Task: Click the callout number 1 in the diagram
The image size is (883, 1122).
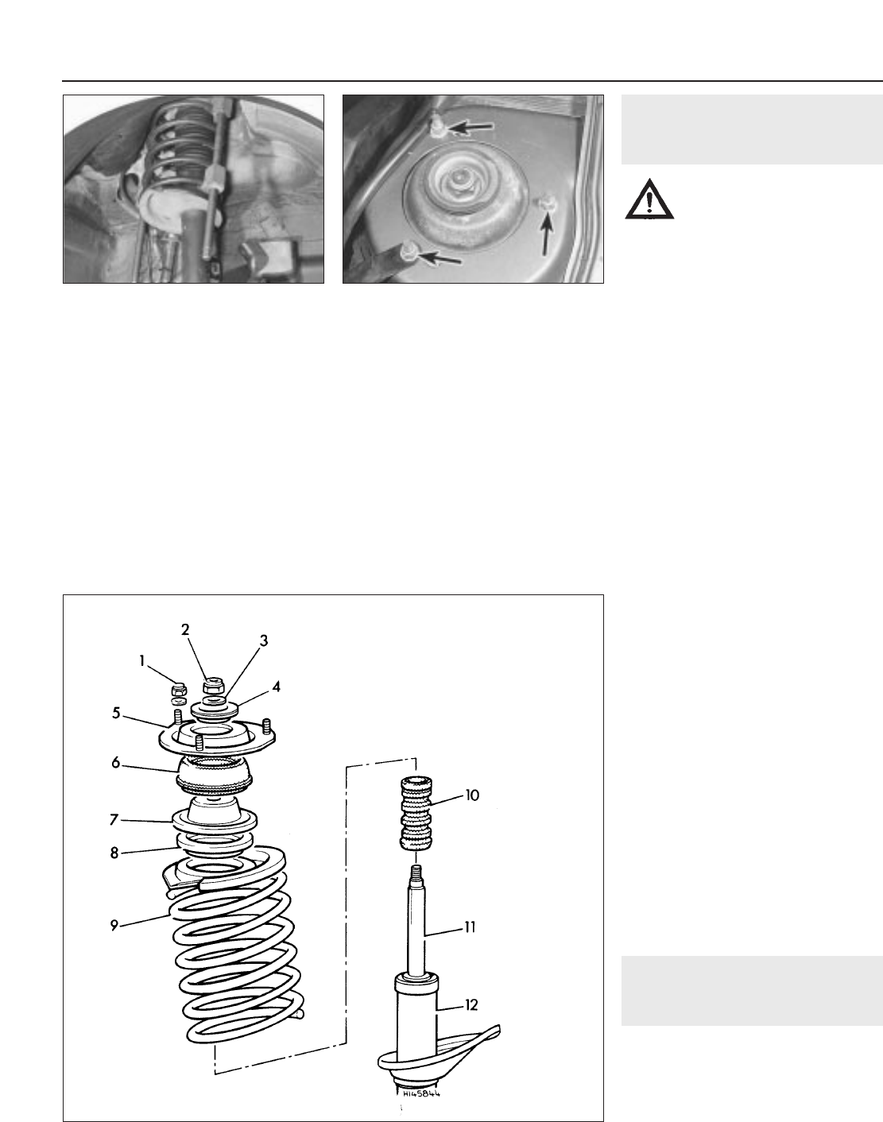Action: point(141,661)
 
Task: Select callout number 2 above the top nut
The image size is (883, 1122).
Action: point(185,630)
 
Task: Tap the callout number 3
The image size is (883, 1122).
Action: point(264,640)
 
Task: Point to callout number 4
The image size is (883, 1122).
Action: point(277,687)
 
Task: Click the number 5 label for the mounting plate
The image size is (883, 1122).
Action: point(116,713)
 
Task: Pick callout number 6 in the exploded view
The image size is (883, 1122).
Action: point(116,763)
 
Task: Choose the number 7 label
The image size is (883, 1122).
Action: point(114,819)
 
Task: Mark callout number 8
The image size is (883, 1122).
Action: point(114,853)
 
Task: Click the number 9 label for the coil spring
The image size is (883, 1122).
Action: point(114,926)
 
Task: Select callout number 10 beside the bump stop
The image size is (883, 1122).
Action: point(471,795)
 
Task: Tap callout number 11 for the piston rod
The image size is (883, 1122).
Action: point(470,927)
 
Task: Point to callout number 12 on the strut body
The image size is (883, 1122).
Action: point(471,1004)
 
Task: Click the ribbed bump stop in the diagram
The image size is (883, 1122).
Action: point(416,813)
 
